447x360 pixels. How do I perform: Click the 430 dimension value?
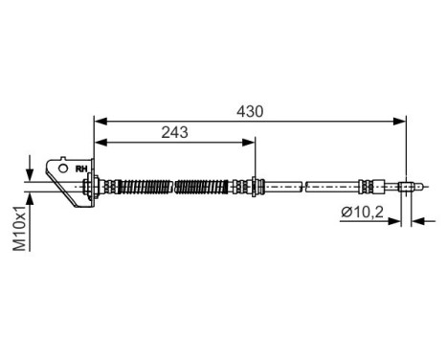251,111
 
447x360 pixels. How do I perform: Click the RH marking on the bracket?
81,169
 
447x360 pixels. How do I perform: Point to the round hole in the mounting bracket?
63,169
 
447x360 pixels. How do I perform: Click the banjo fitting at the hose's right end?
408,187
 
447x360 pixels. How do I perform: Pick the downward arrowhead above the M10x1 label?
32,173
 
